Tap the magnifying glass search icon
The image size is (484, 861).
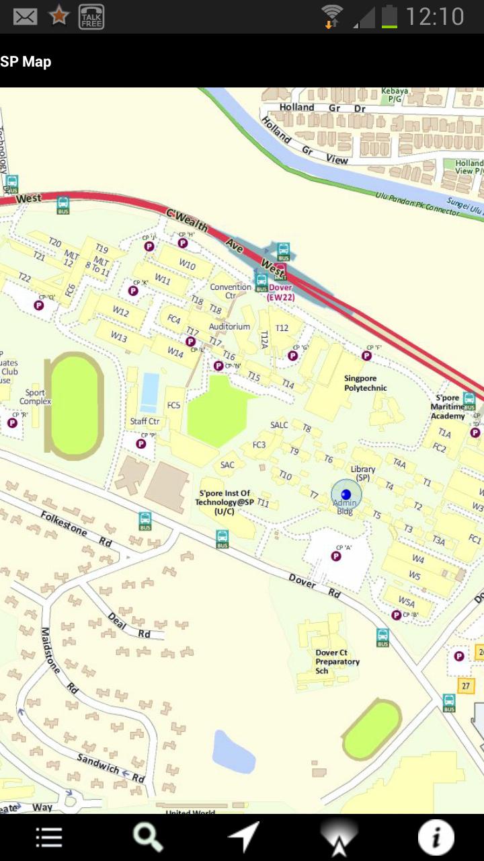(147, 837)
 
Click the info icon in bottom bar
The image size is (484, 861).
(436, 837)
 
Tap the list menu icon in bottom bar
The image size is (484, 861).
(49, 837)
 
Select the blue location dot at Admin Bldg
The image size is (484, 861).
(346, 494)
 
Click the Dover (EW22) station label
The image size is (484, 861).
(281, 293)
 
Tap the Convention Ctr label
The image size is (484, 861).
(231, 291)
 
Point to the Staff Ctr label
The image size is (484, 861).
(145, 422)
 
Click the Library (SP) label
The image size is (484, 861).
(363, 473)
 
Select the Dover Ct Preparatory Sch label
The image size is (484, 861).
(337, 662)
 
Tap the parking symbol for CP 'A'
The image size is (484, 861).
(336, 556)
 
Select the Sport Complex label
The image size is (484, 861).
(35, 397)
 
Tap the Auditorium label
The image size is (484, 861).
(229, 327)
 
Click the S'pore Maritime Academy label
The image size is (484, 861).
(448, 407)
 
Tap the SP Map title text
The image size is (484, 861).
(26, 62)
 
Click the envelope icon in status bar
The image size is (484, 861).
(25, 16)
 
